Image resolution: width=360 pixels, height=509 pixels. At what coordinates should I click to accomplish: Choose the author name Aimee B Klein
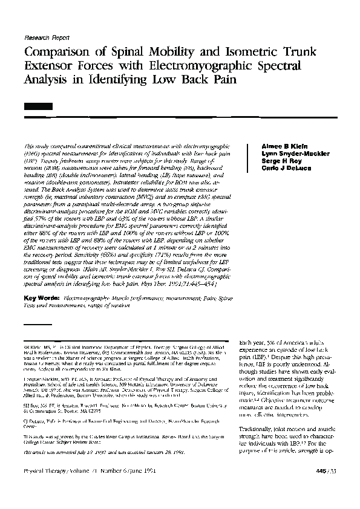pos(280,147)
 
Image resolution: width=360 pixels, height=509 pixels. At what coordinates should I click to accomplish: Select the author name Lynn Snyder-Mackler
pos(295,154)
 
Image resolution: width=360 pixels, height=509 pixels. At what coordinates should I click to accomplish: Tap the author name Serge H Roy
pos(279,161)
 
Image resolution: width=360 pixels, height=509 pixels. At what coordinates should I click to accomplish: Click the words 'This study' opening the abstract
pos(34,147)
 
